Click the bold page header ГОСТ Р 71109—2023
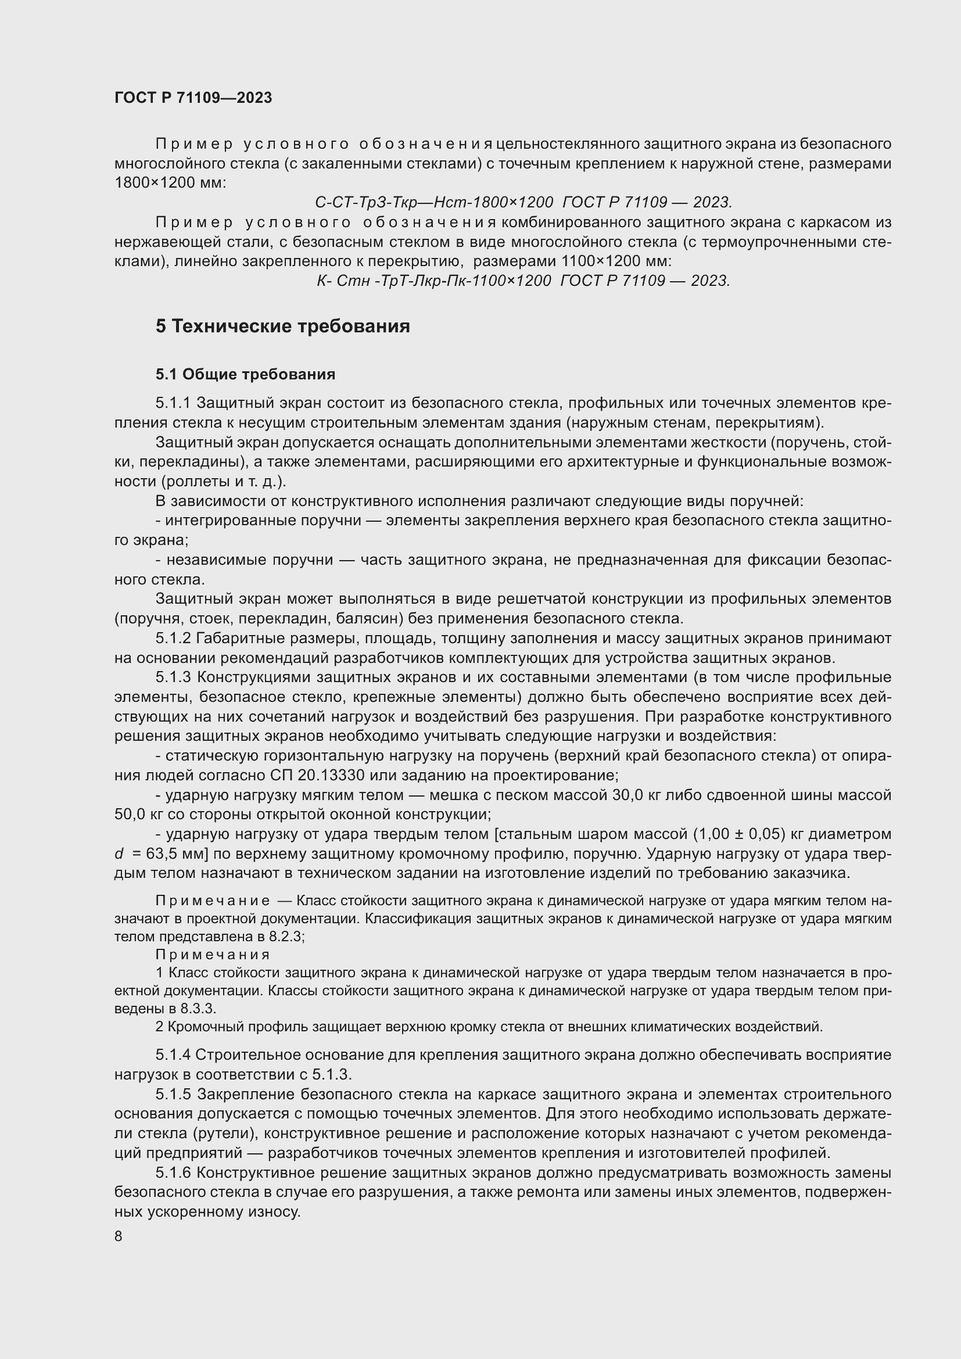(193, 98)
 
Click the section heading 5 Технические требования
(282, 326)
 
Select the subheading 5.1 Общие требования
(245, 374)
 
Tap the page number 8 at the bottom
(119, 1236)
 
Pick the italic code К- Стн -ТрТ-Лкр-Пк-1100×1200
(434, 281)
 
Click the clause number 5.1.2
(173, 638)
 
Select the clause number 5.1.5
(173, 1094)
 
